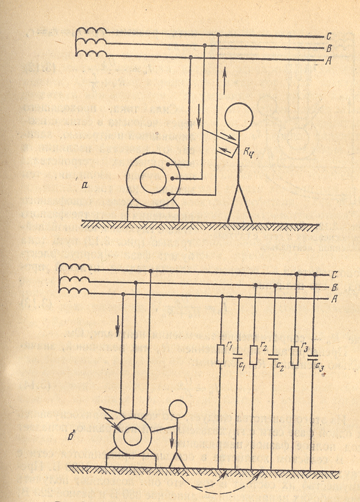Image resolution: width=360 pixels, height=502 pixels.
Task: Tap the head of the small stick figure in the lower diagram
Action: [x=178, y=410]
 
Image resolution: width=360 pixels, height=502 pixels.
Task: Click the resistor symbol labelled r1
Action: [x=221, y=355]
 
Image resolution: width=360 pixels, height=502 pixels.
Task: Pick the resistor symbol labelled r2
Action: [x=254, y=355]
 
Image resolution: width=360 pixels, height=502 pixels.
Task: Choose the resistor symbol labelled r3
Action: [x=295, y=355]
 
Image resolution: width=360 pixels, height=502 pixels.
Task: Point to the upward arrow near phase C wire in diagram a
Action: [x=226, y=75]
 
